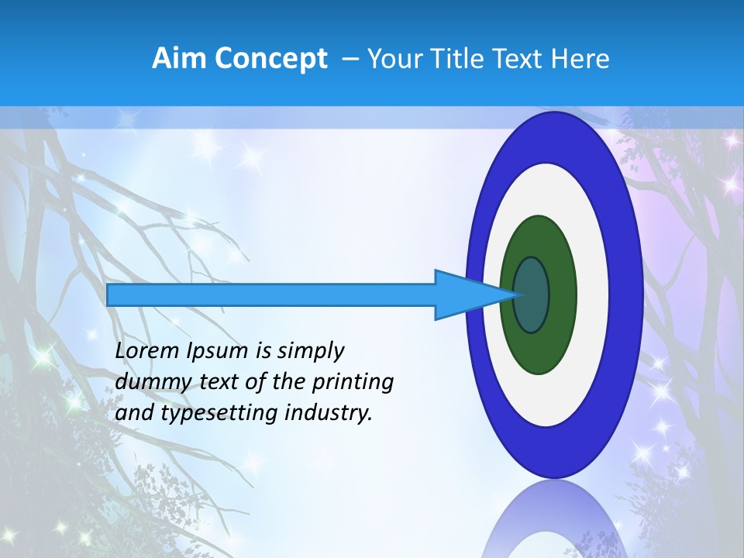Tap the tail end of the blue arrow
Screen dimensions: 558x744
tap(109, 294)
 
